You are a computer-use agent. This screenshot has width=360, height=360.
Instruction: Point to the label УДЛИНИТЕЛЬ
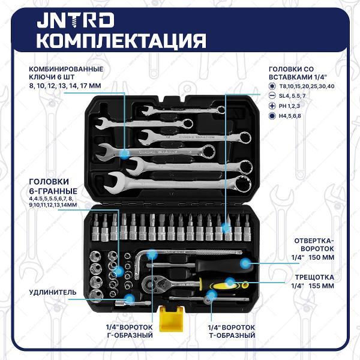point(53,292)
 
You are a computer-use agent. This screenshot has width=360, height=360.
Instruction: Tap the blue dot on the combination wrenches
point(125,154)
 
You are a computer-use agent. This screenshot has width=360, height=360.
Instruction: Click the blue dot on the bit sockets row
point(226,227)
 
